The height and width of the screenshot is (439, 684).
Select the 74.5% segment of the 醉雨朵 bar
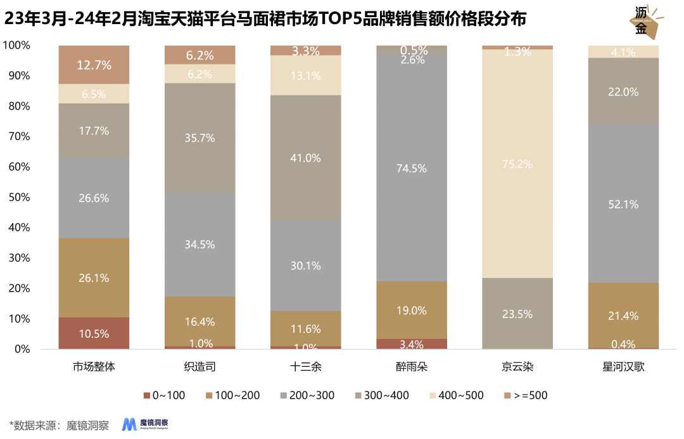click(x=412, y=169)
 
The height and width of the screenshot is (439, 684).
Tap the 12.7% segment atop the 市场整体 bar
click(x=94, y=65)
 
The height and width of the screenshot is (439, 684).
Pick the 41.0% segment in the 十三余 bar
click(x=305, y=158)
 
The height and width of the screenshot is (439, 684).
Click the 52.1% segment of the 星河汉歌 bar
click(x=623, y=204)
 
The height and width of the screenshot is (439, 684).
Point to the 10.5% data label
click(x=94, y=334)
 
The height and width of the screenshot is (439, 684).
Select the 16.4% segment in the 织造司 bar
click(x=199, y=321)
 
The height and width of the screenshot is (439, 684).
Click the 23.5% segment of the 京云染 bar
click(x=517, y=314)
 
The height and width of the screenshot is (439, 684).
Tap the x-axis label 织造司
click(x=199, y=367)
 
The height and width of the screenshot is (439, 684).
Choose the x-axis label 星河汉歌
click(x=623, y=367)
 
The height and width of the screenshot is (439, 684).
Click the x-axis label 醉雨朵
click(x=412, y=367)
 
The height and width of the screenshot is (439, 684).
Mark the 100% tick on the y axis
click(x=15, y=46)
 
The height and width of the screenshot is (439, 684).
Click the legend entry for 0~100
click(x=164, y=395)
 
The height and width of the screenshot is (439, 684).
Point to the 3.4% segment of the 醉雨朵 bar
click(x=412, y=344)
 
